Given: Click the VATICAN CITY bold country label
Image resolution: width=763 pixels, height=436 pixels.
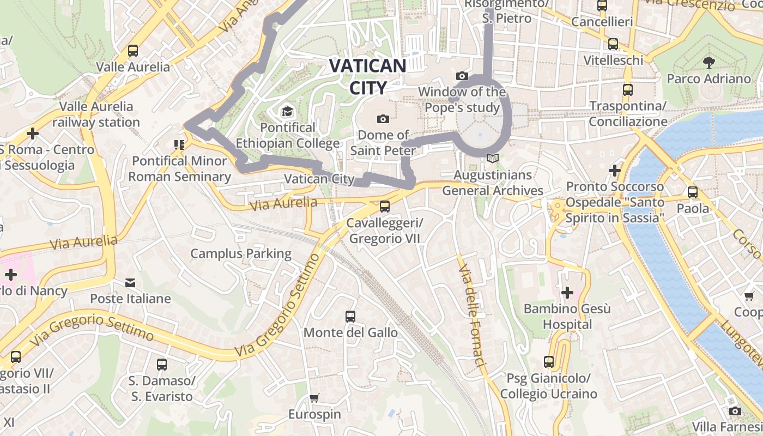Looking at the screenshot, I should pos(368,76).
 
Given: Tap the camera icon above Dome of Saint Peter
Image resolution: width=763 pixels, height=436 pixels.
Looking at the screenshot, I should pos(383,119).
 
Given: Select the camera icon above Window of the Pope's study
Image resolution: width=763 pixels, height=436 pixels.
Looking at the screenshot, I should pos(462,76).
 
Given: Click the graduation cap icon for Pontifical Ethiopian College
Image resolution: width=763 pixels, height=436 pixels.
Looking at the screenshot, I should pos(287,112).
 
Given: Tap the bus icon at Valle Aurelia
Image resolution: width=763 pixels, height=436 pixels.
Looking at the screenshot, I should pos(133,51).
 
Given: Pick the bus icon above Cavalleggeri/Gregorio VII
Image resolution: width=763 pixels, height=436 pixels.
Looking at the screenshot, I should pos(385,207).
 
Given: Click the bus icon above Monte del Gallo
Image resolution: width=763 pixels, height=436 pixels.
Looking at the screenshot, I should pos(350,316).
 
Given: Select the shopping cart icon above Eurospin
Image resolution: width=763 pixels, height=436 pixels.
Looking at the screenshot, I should pos(314,398).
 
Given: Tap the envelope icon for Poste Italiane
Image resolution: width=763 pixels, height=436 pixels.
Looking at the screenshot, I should pos(130,282).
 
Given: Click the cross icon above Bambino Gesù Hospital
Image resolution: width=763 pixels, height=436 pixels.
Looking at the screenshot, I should pos(567,293).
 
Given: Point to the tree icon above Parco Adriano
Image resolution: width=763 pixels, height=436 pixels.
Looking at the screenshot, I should pos(709,62).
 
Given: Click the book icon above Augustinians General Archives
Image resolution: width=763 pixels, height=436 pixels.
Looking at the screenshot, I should pos(493,159).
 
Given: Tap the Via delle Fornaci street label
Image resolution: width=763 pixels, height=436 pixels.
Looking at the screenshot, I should pos(472,316).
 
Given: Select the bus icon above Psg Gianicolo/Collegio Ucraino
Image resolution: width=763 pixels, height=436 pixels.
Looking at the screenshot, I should pos(549,362).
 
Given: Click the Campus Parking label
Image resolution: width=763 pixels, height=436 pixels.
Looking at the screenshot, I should pos(241,253).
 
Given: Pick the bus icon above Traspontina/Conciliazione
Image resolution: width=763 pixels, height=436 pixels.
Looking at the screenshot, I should pos(628,89).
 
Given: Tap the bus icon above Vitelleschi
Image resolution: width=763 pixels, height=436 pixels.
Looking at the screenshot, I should pos(613,44).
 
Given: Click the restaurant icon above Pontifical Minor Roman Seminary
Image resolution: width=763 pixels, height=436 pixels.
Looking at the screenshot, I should pos(179,144).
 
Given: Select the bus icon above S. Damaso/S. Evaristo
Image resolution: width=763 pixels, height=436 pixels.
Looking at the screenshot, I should pos(162,364).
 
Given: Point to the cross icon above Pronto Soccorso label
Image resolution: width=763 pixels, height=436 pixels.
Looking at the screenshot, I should pos(615,171).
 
